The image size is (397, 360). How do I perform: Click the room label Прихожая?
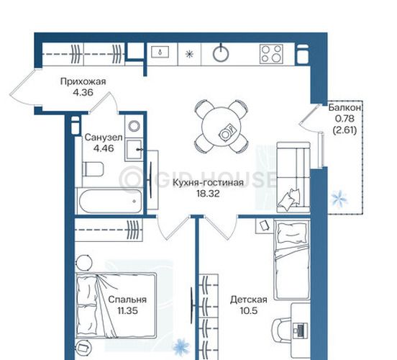83,81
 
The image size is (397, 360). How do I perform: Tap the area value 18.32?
208,194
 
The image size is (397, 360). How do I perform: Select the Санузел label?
104,138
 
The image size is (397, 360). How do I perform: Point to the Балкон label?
344,108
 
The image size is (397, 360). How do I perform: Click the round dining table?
222,127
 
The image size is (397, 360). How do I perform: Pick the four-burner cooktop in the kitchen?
271,54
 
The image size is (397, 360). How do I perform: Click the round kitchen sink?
221,53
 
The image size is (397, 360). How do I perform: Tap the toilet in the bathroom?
93,169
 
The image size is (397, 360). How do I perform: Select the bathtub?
110,201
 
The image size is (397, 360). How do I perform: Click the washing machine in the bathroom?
134,126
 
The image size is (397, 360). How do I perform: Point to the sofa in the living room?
293,177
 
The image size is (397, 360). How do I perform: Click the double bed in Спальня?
117,306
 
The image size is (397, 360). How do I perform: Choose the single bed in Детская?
292,260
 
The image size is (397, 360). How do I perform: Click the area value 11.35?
127,310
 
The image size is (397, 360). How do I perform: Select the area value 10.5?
249,310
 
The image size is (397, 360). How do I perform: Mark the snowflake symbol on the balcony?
339,198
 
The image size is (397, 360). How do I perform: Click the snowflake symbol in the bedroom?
181,347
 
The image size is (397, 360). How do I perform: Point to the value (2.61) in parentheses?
344,130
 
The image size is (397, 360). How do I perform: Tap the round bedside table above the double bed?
84,262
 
